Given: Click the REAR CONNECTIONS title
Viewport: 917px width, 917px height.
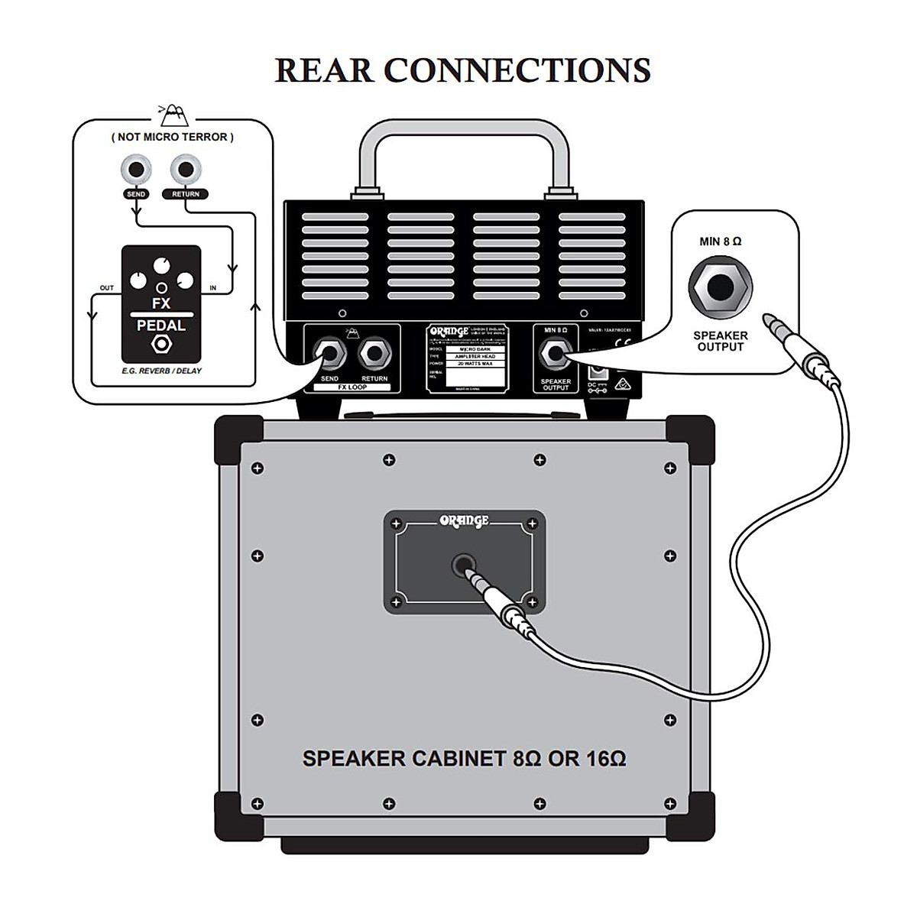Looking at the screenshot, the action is point(462,70).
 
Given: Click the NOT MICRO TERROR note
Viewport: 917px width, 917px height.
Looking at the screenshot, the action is point(173,137).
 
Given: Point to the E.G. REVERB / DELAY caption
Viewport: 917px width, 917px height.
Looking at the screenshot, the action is point(161,371).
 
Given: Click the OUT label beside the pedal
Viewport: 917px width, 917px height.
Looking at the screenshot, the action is point(107,288).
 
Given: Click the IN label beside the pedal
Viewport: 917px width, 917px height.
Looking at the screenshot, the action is point(212,288).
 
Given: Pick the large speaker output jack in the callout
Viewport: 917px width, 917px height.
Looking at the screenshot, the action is point(720,290).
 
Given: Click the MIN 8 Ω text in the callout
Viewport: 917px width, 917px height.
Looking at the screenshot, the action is point(720,241).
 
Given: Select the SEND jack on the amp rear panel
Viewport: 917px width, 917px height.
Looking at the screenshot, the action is point(330,354).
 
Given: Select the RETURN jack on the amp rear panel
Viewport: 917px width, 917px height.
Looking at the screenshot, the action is point(374,354).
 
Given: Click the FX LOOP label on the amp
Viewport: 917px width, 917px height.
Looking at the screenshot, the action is point(352,387).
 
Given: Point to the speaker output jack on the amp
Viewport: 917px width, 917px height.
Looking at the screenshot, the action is point(556,355).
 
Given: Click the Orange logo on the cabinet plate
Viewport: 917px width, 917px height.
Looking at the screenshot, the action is point(464,521).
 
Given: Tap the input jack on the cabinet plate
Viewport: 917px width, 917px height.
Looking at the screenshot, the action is point(462,566).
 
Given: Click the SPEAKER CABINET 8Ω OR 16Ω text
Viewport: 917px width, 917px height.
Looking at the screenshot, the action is point(464,759).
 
